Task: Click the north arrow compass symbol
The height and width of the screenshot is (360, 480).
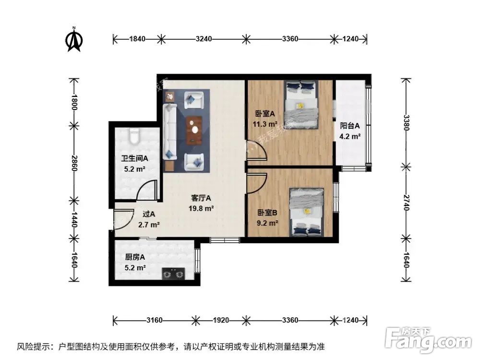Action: [74, 40]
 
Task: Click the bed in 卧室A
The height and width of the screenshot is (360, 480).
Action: [301, 104]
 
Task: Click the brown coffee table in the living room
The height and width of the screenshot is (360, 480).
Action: [194, 130]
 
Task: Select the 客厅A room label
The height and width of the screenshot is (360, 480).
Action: [201, 198]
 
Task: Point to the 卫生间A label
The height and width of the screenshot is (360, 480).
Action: [134, 158]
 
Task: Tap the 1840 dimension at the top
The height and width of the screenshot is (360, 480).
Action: [137, 39]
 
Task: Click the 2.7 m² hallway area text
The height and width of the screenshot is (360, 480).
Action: [150, 224]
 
